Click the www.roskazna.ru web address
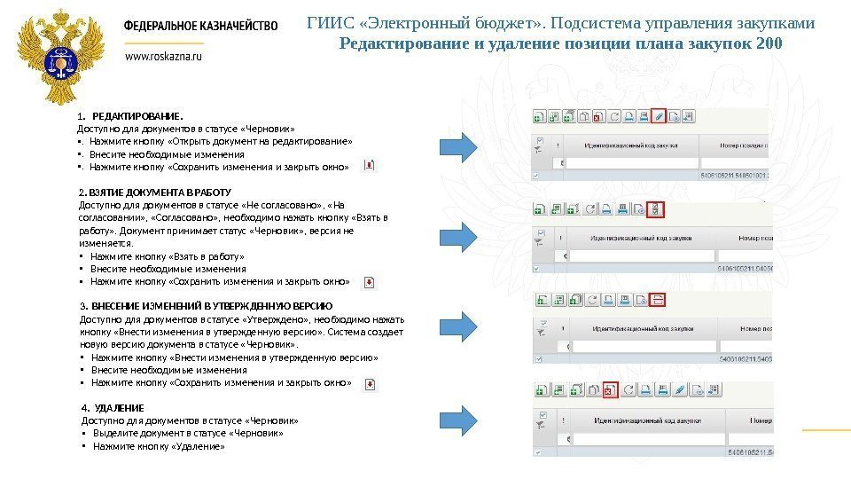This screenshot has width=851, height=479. click(164, 56)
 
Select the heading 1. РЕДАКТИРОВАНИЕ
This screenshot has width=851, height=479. click(130, 116)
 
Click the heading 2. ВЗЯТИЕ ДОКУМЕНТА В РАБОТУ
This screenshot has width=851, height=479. click(155, 192)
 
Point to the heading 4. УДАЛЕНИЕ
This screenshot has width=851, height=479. click(113, 408)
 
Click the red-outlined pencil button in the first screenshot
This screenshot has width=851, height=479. click(659, 114)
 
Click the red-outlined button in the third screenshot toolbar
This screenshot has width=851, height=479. click(658, 300)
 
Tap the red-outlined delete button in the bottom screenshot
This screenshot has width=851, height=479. click(609, 389)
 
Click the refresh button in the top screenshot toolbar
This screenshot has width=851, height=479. click(613, 115)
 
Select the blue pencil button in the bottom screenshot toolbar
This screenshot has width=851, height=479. click(680, 389)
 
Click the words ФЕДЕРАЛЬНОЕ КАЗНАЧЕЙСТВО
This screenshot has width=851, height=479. click(200, 27)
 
